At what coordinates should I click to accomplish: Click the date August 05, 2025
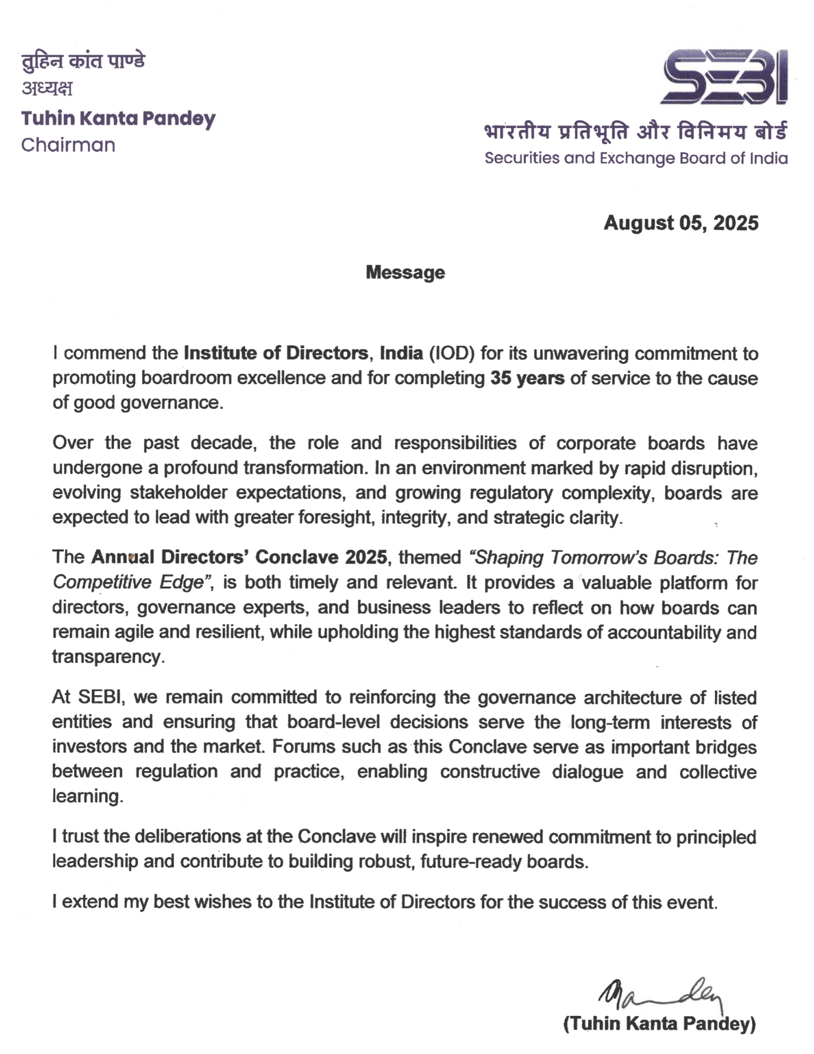[681, 223]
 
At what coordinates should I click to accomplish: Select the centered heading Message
[405, 273]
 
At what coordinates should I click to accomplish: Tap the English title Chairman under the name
[68, 145]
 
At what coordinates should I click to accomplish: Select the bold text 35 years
[527, 378]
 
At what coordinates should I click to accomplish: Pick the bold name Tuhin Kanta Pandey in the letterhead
[118, 119]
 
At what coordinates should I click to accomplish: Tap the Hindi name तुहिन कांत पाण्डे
[83, 62]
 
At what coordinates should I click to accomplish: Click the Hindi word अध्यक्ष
[47, 88]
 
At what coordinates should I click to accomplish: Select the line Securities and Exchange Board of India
[636, 158]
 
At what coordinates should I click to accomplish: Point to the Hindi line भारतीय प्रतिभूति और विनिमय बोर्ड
[636, 131]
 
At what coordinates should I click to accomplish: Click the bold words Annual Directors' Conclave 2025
[239, 557]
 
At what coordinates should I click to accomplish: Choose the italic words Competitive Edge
[128, 582]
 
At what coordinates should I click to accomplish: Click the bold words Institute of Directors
[276, 353]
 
